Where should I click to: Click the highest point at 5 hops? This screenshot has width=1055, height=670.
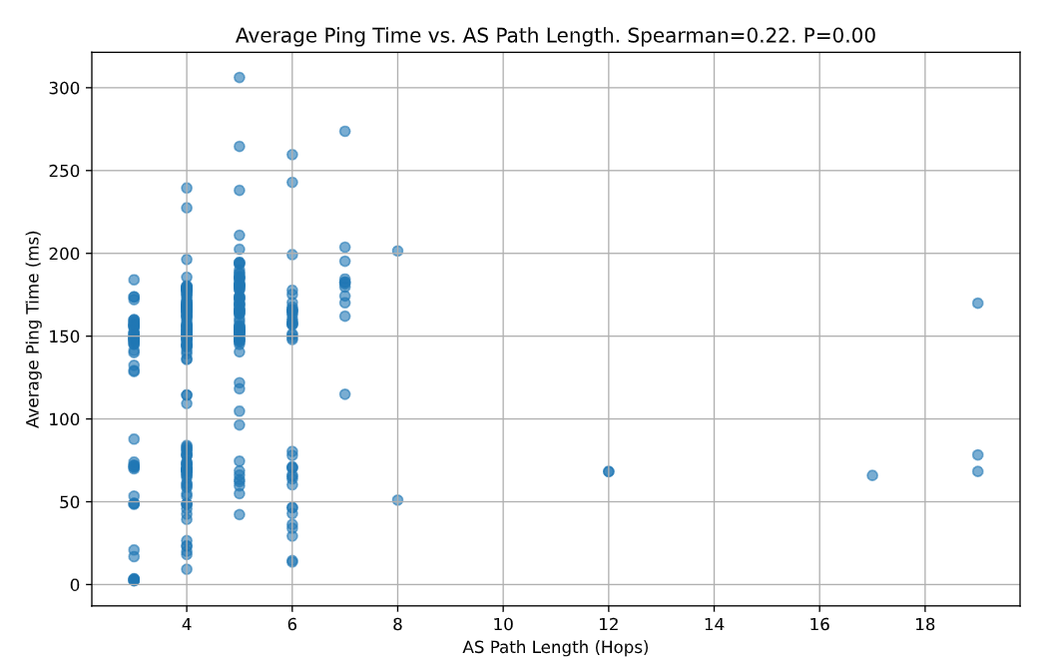tap(240, 78)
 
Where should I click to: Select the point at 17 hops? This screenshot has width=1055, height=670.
tap(872, 475)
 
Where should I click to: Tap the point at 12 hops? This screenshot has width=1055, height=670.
tap(609, 471)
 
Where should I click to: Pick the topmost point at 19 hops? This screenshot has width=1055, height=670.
tap(978, 304)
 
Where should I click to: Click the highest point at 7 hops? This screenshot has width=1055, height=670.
tap(345, 132)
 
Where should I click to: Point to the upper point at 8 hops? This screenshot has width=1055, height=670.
tap(397, 252)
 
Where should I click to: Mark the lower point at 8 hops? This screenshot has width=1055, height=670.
tap(397, 500)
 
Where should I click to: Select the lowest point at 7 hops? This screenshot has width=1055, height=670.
tap(345, 394)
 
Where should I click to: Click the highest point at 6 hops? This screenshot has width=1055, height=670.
tap(292, 155)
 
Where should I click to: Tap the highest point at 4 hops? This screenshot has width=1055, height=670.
tap(187, 188)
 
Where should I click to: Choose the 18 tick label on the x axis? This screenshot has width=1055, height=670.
tap(925, 623)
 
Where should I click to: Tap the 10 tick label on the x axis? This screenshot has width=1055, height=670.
tap(503, 623)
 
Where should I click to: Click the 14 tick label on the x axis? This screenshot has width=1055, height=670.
tap(714, 623)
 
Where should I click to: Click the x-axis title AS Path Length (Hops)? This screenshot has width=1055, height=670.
tap(556, 648)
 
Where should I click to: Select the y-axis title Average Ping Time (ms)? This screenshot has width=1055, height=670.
tap(34, 329)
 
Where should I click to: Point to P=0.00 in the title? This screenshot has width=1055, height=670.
tap(839, 37)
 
